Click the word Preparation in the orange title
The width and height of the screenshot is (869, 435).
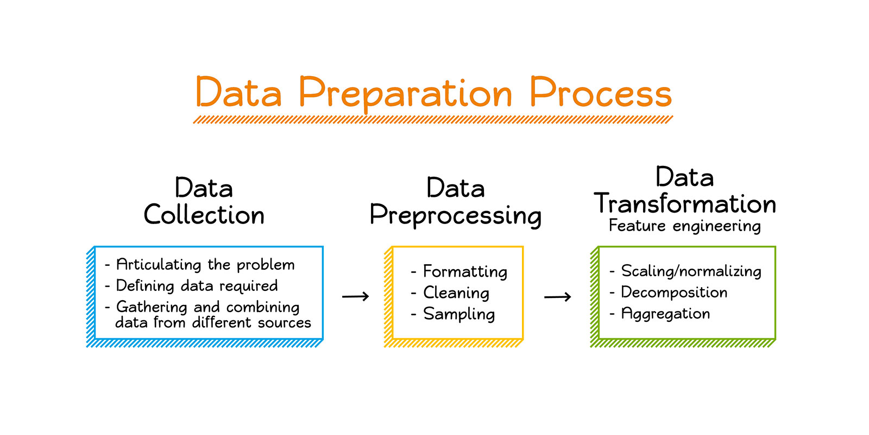pyautogui.click(x=405, y=94)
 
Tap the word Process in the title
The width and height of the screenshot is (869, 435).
pyautogui.click(x=600, y=92)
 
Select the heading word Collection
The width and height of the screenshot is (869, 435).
pyautogui.click(x=204, y=215)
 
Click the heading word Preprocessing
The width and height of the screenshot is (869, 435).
pyautogui.click(x=455, y=215)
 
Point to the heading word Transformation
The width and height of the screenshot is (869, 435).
pyautogui.click(x=685, y=204)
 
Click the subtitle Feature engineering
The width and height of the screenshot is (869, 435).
pyautogui.click(x=684, y=226)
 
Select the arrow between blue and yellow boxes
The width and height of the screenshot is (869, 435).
pyautogui.click(x=355, y=296)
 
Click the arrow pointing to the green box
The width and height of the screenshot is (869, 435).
pyautogui.click(x=557, y=296)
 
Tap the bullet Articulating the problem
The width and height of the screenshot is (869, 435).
pyautogui.click(x=205, y=265)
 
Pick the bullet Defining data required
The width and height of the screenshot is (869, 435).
pyautogui.click(x=197, y=286)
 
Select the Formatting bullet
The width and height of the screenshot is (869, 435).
pyautogui.click(x=465, y=271)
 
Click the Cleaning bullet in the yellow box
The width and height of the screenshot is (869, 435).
pyautogui.click(x=456, y=293)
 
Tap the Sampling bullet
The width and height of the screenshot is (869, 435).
pyautogui.click(x=459, y=314)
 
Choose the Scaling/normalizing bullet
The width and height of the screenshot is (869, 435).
pyautogui.click(x=691, y=271)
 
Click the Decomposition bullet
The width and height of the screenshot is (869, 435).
pyautogui.click(x=674, y=293)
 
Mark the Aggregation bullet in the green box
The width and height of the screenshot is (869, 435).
pyautogui.click(x=665, y=314)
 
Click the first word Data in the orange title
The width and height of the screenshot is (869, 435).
pyautogui.click(x=238, y=92)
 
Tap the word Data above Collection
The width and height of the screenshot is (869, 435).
pyautogui.click(x=204, y=189)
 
